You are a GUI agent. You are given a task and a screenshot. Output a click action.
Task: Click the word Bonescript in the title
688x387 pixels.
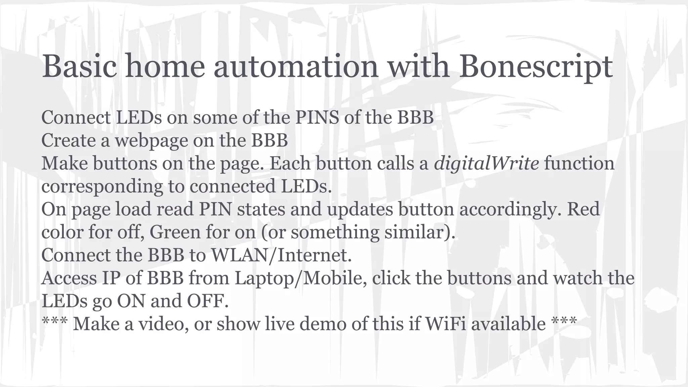pyautogui.click(x=536, y=67)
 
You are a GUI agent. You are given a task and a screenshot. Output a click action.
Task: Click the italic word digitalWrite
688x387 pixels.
pyautogui.click(x=486, y=164)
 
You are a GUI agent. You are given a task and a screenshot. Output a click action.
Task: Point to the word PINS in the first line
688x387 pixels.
pyautogui.click(x=317, y=118)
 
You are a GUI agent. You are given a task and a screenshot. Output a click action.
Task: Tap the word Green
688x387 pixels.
pyautogui.click(x=175, y=232)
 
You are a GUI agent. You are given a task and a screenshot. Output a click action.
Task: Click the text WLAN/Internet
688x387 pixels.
pyautogui.click(x=281, y=255)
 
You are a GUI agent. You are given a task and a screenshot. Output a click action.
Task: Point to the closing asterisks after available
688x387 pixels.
pyautogui.click(x=564, y=322)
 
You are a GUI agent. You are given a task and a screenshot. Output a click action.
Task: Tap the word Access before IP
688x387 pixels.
pyautogui.click(x=69, y=278)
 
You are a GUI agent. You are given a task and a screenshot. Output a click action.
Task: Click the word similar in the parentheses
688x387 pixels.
pyautogui.click(x=416, y=232)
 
